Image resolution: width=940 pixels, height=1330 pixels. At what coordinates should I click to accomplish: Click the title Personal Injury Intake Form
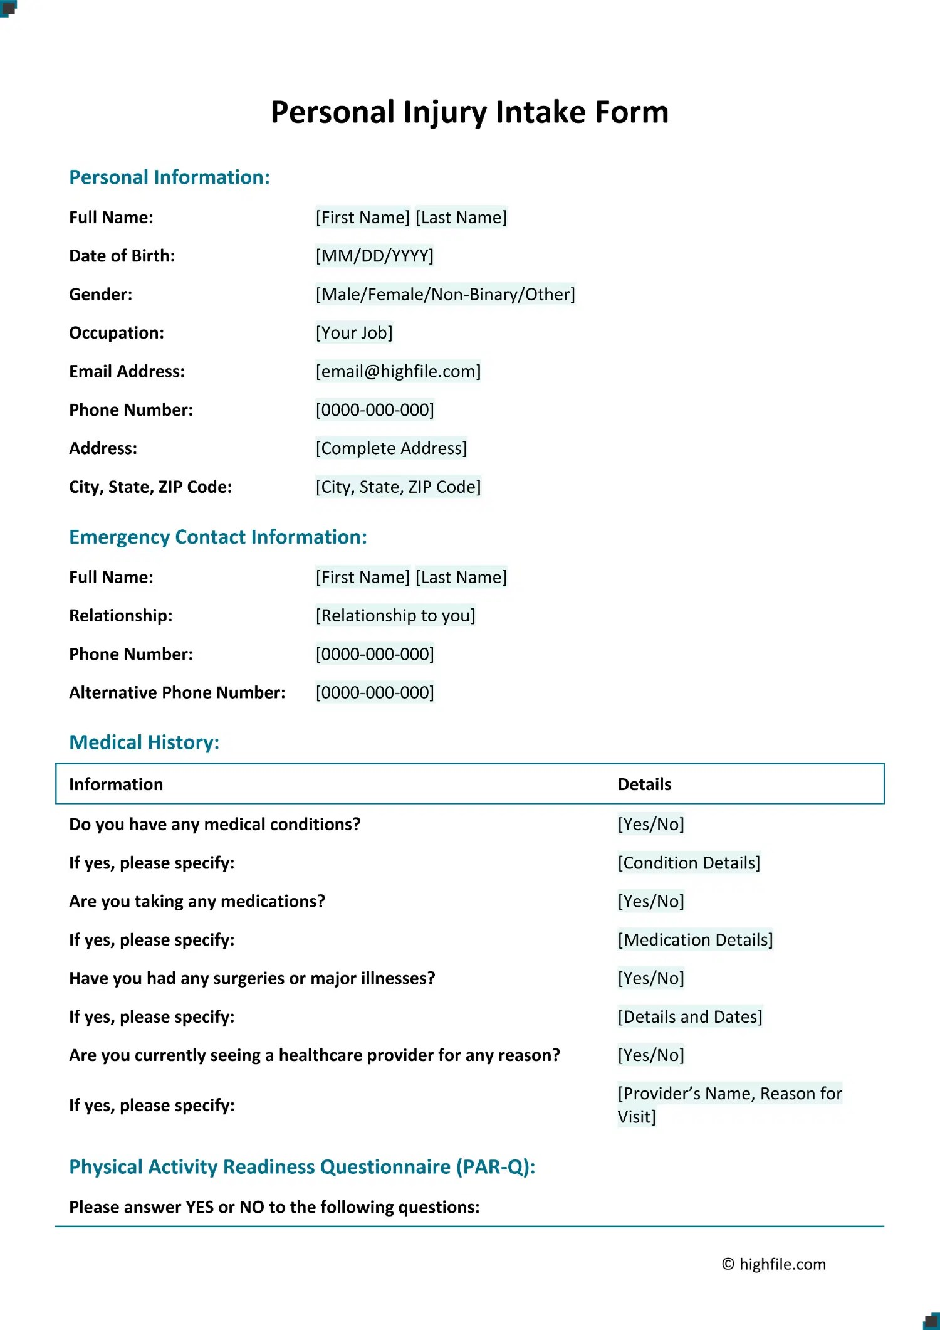click(469, 112)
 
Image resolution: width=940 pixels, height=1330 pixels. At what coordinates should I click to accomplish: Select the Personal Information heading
click(169, 177)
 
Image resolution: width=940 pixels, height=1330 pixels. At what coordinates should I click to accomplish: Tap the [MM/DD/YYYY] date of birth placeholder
click(374, 256)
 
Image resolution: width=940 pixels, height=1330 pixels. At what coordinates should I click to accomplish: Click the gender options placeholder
click(445, 294)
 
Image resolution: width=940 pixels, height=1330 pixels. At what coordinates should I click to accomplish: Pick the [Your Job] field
click(354, 333)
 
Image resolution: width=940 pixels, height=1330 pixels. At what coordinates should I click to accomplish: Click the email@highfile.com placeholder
click(398, 371)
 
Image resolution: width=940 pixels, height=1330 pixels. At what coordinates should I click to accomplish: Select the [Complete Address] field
click(391, 448)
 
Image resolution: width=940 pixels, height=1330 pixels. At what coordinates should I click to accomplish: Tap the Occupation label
click(117, 333)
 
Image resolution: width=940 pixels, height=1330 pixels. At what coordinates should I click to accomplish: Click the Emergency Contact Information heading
click(217, 537)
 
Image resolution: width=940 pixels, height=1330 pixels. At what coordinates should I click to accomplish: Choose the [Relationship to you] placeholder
click(395, 616)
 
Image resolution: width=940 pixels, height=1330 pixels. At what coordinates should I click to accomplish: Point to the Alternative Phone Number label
click(177, 692)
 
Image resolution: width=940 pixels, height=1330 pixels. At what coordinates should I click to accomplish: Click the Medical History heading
click(144, 742)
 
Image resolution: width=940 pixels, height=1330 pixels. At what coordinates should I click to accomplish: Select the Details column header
click(644, 784)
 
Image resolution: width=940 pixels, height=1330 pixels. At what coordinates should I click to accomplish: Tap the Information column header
click(116, 784)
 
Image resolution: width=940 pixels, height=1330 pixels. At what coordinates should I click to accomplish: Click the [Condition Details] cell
click(689, 863)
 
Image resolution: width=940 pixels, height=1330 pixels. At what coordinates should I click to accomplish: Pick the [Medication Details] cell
click(695, 940)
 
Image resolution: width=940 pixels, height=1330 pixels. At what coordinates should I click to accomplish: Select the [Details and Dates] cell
click(690, 1016)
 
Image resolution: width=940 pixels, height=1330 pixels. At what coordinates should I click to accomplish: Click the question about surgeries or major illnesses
click(252, 978)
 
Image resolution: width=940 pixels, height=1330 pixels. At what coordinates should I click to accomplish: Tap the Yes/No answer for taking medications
click(650, 901)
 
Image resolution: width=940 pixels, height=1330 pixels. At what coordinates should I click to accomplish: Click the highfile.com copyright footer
click(773, 1264)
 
